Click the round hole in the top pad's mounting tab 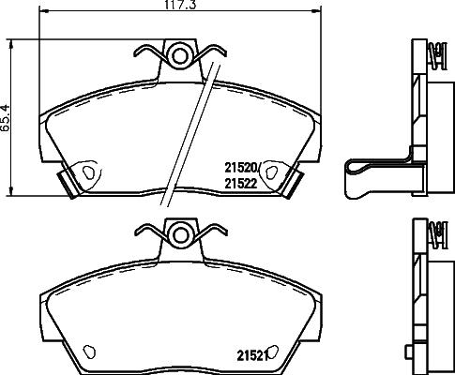tap(179, 52)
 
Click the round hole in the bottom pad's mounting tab tap(179, 232)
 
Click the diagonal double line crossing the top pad tap(187, 131)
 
